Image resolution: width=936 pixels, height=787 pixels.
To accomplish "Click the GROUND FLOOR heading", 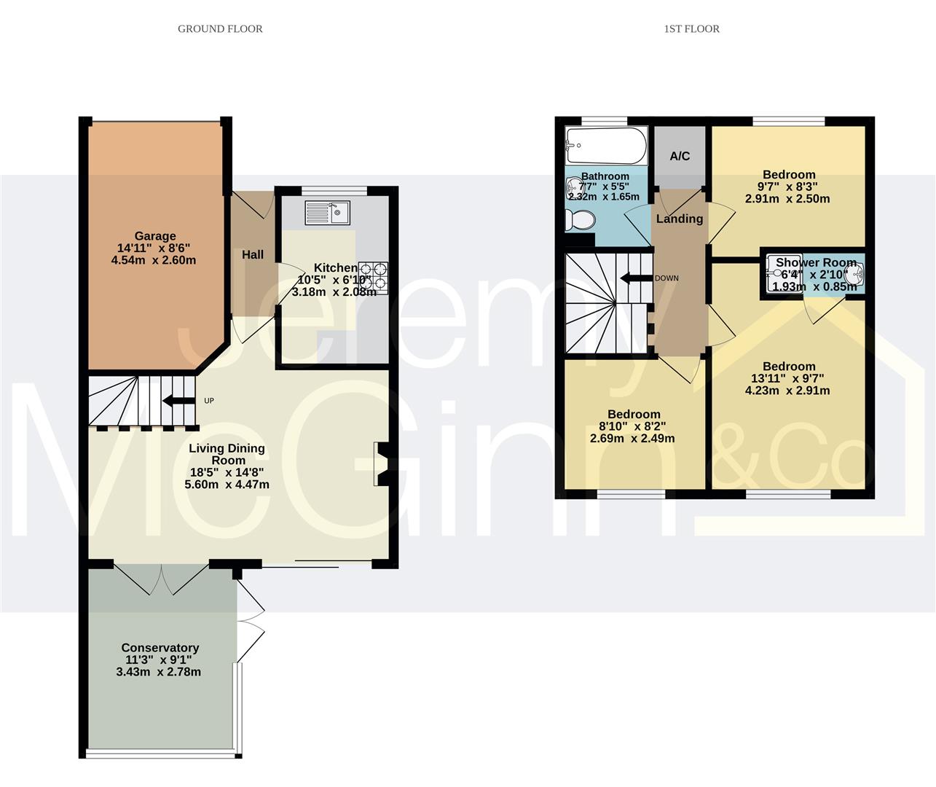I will point(220,29).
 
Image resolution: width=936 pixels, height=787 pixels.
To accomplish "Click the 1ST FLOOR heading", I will point(691,29).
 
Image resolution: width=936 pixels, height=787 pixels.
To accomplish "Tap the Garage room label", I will point(154,236).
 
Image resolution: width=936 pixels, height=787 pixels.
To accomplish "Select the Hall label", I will point(253,254).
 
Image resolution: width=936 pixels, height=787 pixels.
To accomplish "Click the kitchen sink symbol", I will point(328,213).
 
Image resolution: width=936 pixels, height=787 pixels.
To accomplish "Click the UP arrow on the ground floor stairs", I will point(178,400).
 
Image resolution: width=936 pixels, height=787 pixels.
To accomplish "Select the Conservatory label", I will point(160,648).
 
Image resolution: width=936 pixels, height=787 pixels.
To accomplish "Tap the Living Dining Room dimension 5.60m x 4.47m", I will point(227,485).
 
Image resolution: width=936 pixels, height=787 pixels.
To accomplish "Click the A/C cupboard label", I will point(680,156).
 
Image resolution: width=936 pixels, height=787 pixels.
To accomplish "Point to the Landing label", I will point(680,219).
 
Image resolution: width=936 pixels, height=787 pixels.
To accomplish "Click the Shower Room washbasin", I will point(854,273).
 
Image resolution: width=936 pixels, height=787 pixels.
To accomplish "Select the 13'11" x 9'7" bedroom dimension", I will point(789,378).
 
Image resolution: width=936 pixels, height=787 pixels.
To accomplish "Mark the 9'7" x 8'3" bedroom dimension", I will point(789,187).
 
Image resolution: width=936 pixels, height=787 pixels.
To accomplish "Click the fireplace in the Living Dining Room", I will point(382,463).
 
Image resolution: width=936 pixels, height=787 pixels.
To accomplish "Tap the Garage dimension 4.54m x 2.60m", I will point(154,260).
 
